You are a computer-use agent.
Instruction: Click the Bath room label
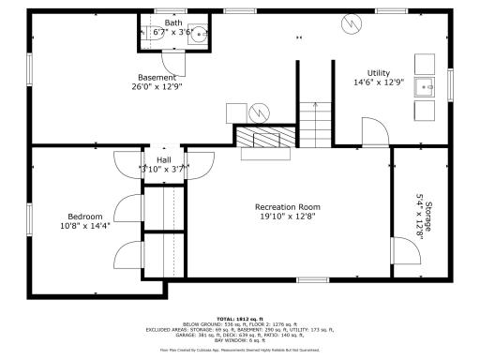[x=173, y=22]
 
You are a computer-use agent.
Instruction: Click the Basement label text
[x=156, y=77]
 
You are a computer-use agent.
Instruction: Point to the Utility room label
[x=378, y=72]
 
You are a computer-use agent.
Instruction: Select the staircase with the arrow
[x=316, y=122]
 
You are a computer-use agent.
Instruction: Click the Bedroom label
[x=84, y=215]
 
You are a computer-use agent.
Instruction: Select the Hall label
[x=163, y=159]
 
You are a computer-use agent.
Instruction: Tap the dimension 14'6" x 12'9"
[x=378, y=82]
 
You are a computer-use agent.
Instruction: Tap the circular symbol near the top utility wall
[x=351, y=22]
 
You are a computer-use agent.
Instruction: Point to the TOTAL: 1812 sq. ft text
[x=239, y=318]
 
